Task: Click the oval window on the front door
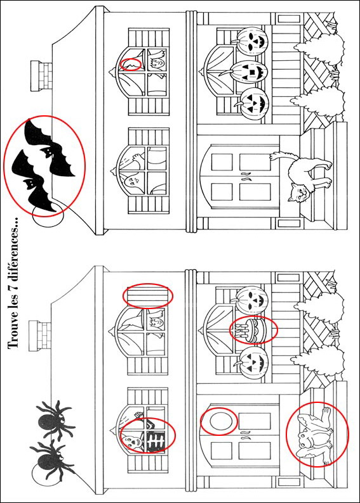pyautogui.click(x=218, y=421)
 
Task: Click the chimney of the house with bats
pyautogui.click(x=43, y=75)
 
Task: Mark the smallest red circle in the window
pyautogui.click(x=131, y=64)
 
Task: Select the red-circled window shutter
pyautogui.click(x=147, y=296)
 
